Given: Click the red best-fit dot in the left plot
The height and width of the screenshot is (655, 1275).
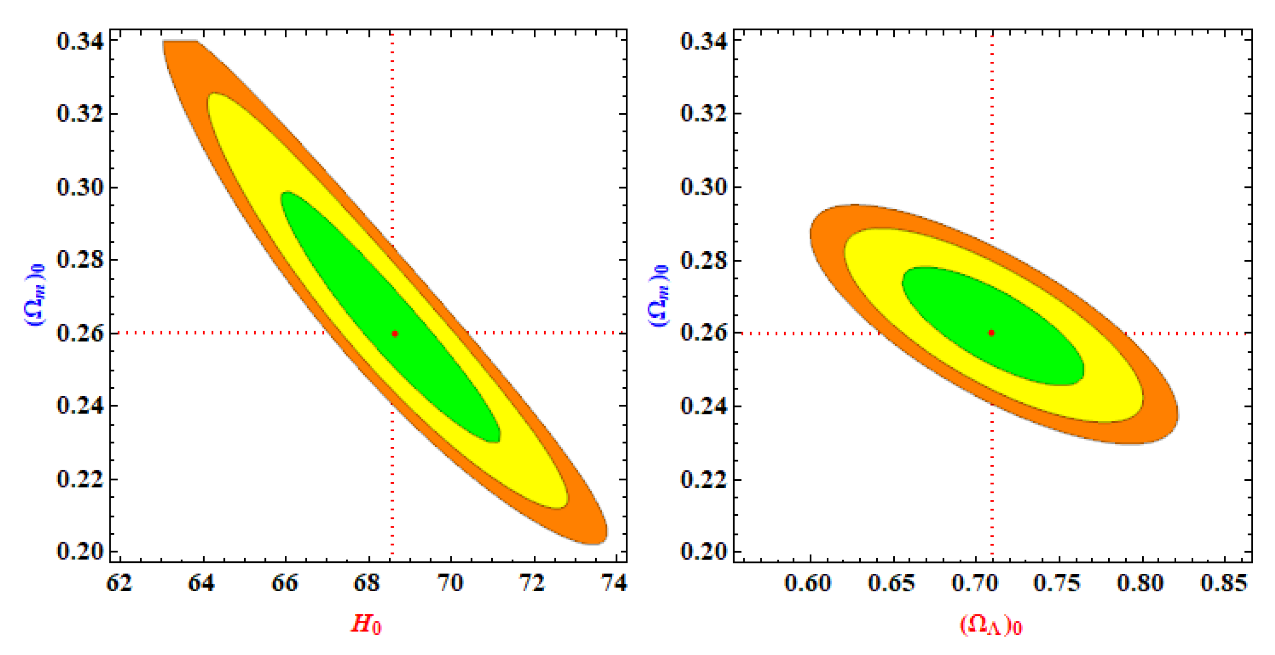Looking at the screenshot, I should tap(394, 333).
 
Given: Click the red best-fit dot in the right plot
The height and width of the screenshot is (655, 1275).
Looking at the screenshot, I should tap(991, 333).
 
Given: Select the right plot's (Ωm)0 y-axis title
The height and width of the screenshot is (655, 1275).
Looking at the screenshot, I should tap(659, 295).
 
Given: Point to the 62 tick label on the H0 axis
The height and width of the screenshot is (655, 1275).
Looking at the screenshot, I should tap(120, 583).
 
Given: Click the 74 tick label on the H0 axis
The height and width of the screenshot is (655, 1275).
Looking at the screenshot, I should tap(614, 583).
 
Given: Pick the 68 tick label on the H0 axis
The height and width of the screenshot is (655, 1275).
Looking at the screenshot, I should tap(367, 583).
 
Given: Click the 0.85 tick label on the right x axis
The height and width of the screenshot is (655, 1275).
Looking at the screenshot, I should tap(1224, 583).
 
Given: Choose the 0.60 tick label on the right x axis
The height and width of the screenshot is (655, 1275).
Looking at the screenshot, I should tap(808, 583).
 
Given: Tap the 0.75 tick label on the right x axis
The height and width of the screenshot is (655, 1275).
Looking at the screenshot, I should tap(1057, 583).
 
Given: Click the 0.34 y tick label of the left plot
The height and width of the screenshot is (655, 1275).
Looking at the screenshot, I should tap(80, 41).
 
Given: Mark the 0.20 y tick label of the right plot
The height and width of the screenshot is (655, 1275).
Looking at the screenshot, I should tap(703, 551).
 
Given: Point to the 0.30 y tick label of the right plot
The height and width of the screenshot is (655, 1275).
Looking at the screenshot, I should tap(703, 187).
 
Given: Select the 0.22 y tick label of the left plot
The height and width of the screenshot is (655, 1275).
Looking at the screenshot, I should tap(80, 479).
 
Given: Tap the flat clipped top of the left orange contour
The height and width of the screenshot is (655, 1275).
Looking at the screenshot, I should tap(181, 42).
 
